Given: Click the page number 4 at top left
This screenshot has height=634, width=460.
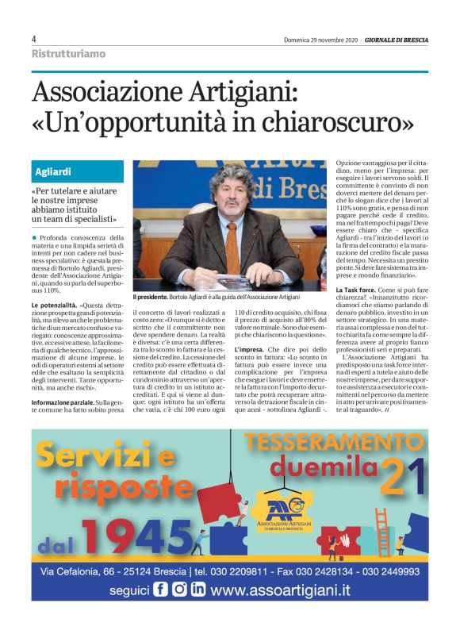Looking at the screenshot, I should pyautogui.click(x=34, y=39).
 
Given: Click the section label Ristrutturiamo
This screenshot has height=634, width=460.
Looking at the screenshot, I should pyautogui.click(x=68, y=54).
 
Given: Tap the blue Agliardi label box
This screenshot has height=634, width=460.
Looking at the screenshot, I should pyautogui.click(x=78, y=172).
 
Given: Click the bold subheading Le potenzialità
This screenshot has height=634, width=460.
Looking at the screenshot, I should pyautogui.click(x=55, y=305).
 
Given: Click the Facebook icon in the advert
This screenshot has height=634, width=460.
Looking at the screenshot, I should pyautogui.click(x=160, y=590).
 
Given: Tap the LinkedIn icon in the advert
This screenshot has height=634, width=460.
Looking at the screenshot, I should pyautogui.click(x=198, y=590).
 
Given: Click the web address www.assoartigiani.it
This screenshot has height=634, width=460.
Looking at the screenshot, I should pyautogui.click(x=292, y=590).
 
